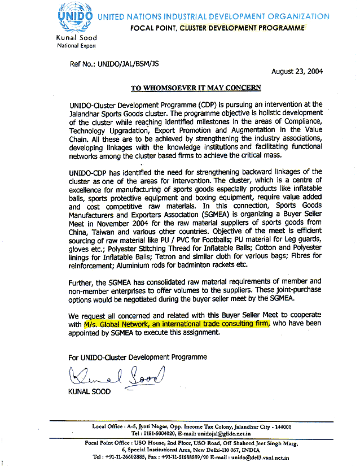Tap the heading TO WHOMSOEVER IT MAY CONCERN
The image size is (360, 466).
(196, 88)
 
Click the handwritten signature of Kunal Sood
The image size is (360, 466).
(115, 374)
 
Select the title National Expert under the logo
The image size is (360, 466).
(77, 45)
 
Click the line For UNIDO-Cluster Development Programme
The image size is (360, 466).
(138, 357)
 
